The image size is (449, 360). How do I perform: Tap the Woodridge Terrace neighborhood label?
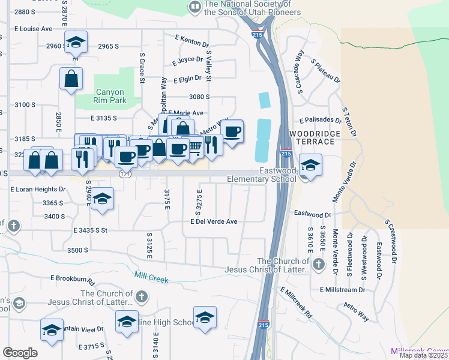click(312, 137)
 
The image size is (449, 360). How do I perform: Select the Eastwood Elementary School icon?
click(310, 166)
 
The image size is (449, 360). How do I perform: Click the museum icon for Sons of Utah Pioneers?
click(194, 7)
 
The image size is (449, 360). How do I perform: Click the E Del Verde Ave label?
click(214, 221)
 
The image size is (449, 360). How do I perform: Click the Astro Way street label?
click(357, 312)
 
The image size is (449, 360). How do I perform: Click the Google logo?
click(20, 353)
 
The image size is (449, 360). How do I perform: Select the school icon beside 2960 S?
click(76, 43)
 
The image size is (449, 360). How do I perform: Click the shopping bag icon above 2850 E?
click(71, 78)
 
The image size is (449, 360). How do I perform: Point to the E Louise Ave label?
click(33, 28)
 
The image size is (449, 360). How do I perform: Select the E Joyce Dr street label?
click(187, 60)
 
